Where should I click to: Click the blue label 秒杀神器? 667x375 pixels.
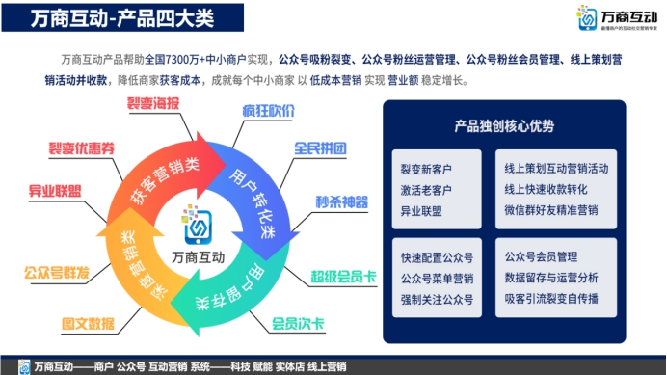pyautogui.click(x=341, y=202)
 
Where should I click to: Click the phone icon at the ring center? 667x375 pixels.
pyautogui.click(x=200, y=228)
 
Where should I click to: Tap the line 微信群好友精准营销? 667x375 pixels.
pyautogui.click(x=551, y=209)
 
